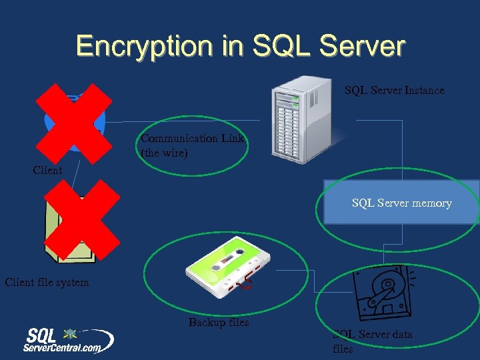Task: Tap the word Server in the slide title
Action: [363, 46]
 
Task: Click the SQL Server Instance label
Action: [394, 91]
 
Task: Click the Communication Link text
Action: [192, 139]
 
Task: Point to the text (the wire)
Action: [165, 153]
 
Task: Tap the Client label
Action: [47, 171]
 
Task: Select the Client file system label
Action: [47, 283]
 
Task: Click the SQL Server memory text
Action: [401, 203]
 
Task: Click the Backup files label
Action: [218, 323]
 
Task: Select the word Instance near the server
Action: [423, 91]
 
